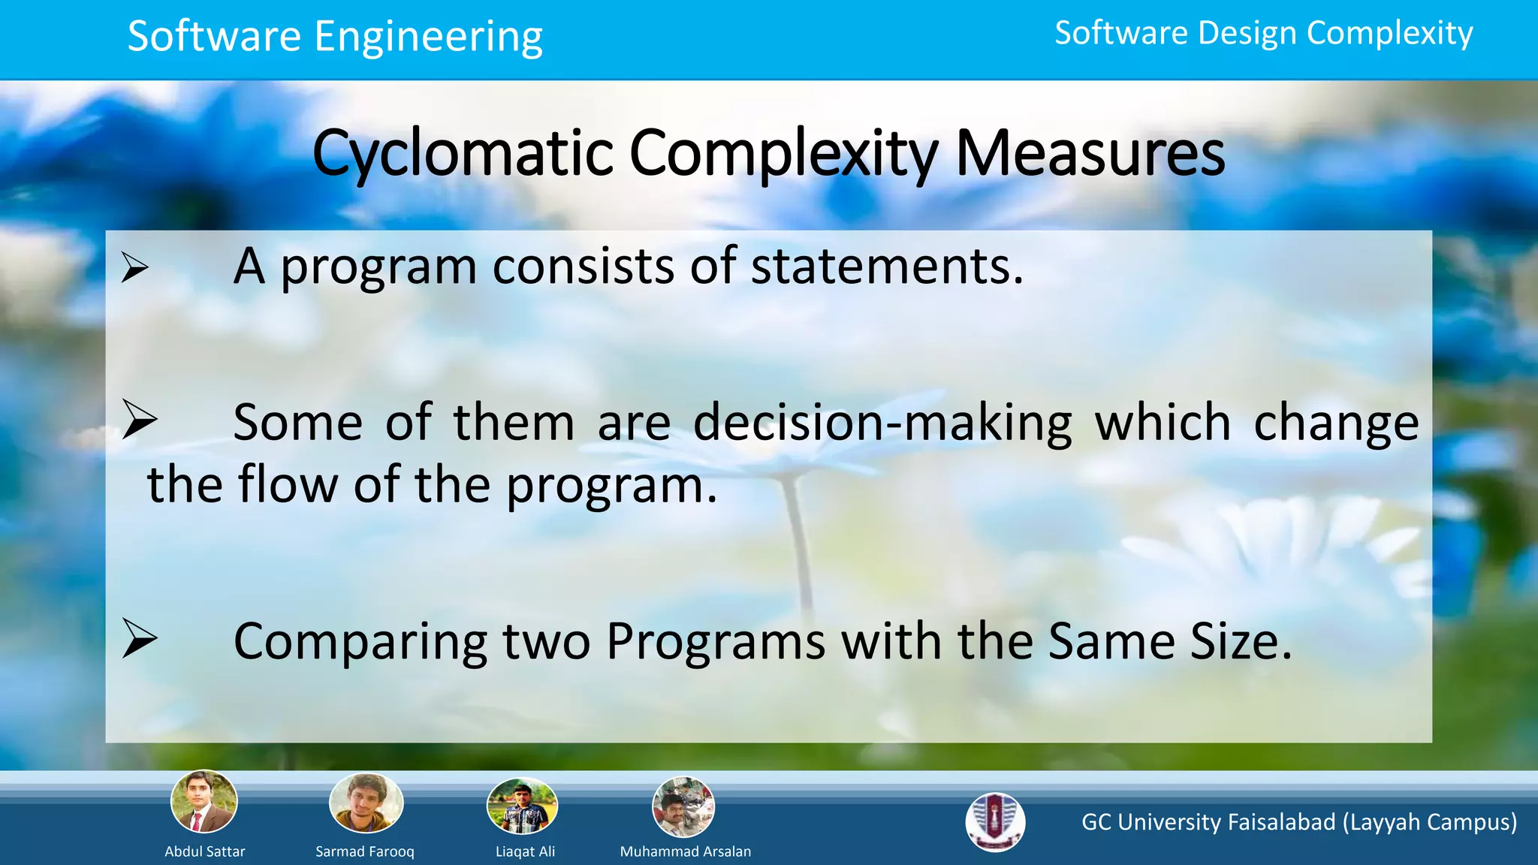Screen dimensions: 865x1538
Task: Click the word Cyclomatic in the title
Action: pos(463,154)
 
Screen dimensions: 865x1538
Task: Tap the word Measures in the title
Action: pos(1090,154)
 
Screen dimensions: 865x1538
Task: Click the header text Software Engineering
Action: pos(335,37)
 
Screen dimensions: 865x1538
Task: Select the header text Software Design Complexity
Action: pos(1263,34)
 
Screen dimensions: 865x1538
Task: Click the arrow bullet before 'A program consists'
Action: pos(134,268)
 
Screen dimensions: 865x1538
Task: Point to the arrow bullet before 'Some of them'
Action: pos(140,420)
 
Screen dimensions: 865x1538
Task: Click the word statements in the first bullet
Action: pos(887,267)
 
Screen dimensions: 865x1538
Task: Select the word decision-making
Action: pos(882,423)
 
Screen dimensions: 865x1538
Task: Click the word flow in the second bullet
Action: pos(288,484)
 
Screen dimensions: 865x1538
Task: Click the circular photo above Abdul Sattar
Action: pos(204,802)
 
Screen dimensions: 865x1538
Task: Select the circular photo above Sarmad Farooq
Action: pos(366,803)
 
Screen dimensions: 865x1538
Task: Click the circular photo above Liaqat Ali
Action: pos(522,806)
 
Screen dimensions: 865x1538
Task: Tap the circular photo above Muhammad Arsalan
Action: pos(683,807)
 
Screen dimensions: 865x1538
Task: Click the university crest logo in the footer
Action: pos(995,822)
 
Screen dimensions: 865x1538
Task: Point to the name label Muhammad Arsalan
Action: pos(685,851)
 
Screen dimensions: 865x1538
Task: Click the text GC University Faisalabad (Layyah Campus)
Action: pos(1299,822)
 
